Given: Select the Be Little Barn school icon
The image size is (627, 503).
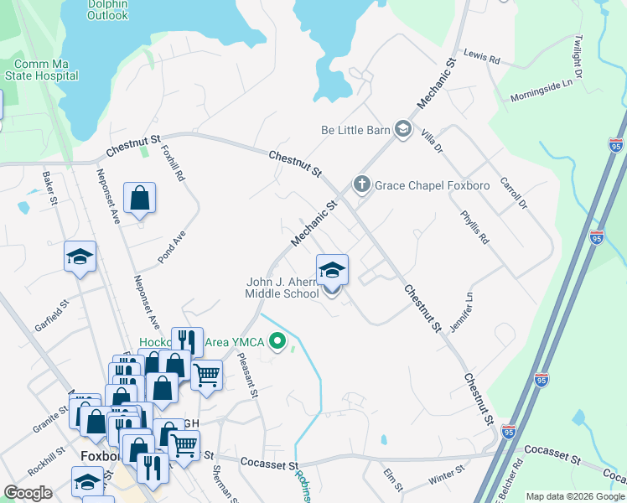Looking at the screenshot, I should point(403,129).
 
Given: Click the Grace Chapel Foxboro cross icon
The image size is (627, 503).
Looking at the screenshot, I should point(362,184).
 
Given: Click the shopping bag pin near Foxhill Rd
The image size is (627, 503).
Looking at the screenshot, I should point(139,199).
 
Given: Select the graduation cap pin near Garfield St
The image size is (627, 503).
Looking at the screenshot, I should point(80,257).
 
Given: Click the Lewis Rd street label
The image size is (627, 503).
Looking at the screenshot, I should point(481,56).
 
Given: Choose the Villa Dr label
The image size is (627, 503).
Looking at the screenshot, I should point(433,131).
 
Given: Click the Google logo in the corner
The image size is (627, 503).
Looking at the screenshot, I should point(28,493).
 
